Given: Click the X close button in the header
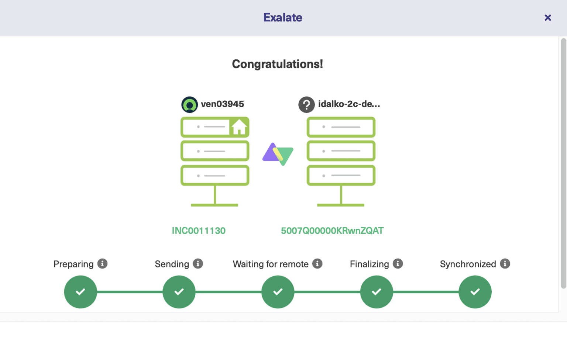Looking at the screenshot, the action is click(x=548, y=18).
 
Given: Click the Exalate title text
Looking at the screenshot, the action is click(x=283, y=17).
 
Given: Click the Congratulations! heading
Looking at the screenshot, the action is click(x=277, y=64).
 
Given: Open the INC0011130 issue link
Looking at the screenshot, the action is click(x=199, y=231).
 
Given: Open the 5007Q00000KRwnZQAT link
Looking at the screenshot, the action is click(x=332, y=231).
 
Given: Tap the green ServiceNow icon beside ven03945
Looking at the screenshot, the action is click(x=190, y=105).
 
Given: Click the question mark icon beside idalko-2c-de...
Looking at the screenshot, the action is click(x=306, y=105).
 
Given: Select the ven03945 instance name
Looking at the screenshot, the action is click(x=222, y=104).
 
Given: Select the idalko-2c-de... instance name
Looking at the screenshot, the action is click(x=349, y=104).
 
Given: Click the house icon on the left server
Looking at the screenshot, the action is click(x=239, y=127).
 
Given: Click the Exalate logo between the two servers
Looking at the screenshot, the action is click(x=278, y=154).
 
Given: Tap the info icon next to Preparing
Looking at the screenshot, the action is click(x=102, y=264).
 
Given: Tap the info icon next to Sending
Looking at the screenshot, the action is click(x=198, y=264).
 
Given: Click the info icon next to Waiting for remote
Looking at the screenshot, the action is click(x=317, y=264).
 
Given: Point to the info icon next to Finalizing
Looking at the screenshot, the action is click(x=398, y=264).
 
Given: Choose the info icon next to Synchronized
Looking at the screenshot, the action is click(x=505, y=264).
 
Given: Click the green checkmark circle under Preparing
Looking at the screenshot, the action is click(x=80, y=292).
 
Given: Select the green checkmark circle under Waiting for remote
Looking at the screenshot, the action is click(x=278, y=292).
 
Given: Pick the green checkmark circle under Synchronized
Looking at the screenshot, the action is click(x=475, y=292).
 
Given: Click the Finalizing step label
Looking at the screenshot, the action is click(x=369, y=264).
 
